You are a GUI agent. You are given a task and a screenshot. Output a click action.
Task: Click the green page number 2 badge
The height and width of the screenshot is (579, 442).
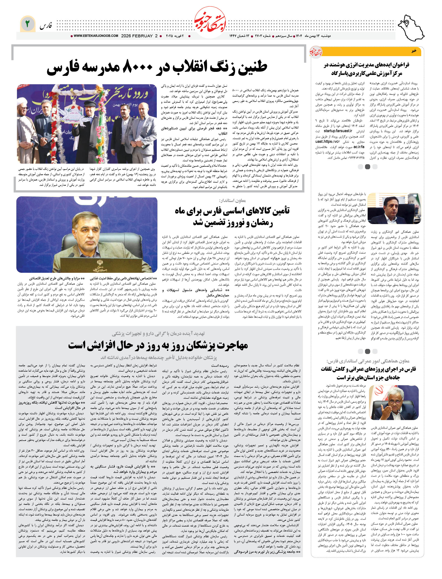pos(27,24)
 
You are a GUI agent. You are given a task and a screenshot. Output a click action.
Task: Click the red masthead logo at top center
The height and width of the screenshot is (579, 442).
pos(210,23)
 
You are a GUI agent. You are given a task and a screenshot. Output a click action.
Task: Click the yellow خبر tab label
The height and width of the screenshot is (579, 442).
pos(414,51)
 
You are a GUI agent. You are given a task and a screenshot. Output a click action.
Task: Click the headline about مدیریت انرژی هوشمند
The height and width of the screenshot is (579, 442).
pos(367,69)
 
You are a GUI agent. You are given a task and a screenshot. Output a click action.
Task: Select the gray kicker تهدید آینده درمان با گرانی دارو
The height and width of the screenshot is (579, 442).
pos(158,334)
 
